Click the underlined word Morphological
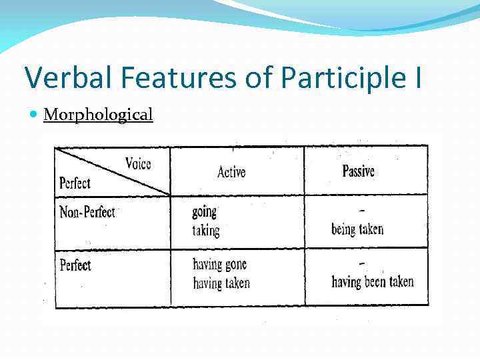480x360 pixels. (x=98, y=115)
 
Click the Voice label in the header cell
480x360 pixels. (x=138, y=163)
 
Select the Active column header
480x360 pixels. (x=231, y=172)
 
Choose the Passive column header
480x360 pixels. (x=359, y=171)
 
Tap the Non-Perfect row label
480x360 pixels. (x=87, y=212)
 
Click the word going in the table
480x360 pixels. (x=205, y=212)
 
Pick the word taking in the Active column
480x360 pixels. (x=205, y=231)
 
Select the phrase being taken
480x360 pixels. (x=357, y=229)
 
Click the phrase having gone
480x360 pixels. (x=220, y=265)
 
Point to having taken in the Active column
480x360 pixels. (x=221, y=283)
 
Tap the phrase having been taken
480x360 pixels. (x=373, y=282)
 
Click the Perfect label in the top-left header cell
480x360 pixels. (x=75, y=183)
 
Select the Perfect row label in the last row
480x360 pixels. (x=75, y=265)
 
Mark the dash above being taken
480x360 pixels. (x=361, y=211)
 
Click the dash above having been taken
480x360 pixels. (x=361, y=264)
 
